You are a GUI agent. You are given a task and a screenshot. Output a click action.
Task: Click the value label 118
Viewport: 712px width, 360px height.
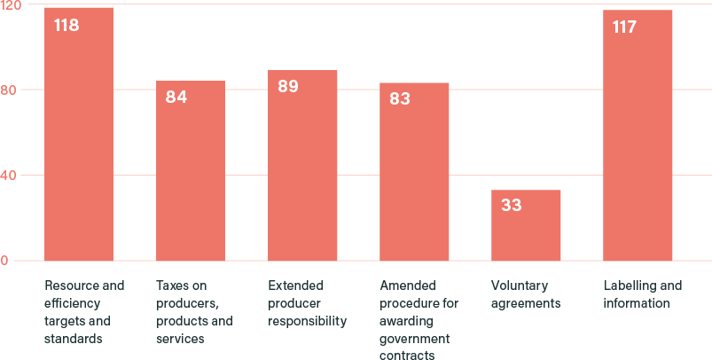[x=67, y=26]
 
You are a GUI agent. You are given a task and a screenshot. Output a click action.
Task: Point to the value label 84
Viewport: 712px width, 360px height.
[x=176, y=97]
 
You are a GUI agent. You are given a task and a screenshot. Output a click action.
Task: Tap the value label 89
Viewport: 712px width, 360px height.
[x=287, y=87]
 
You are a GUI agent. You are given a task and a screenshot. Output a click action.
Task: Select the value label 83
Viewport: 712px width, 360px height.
[x=400, y=98]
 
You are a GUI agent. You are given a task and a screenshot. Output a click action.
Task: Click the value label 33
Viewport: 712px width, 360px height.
[x=511, y=206]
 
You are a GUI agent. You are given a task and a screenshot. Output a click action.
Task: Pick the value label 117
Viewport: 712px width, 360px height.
[x=624, y=27]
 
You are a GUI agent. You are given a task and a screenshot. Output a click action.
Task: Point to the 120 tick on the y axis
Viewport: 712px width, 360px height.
[x=11, y=5]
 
